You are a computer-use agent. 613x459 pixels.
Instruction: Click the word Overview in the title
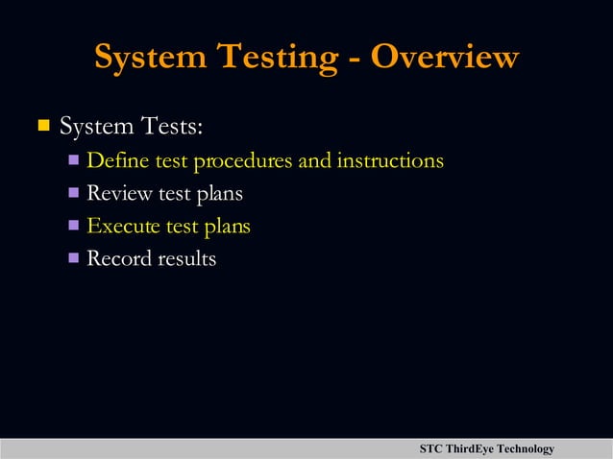445,57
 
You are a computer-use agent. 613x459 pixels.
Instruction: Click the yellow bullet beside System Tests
42,125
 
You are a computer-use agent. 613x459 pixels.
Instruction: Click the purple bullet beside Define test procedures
74,159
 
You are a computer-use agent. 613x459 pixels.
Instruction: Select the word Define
113,160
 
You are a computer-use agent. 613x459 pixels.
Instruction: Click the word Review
119,193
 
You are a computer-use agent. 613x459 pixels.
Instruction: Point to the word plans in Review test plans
219,194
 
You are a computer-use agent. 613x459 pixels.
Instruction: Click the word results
185,258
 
